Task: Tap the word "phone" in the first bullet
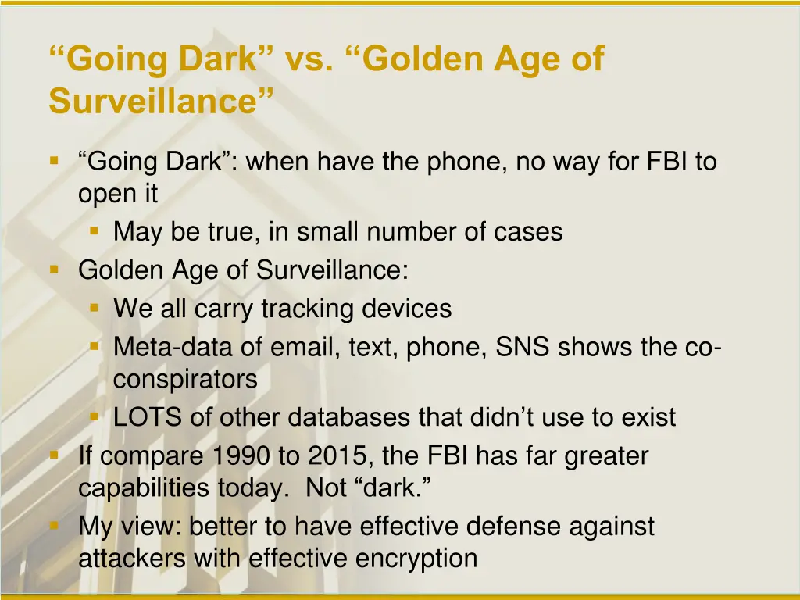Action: pos(466,162)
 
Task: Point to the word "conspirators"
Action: pos(185,380)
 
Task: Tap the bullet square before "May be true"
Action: pos(94,231)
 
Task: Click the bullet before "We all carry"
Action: pos(94,308)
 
